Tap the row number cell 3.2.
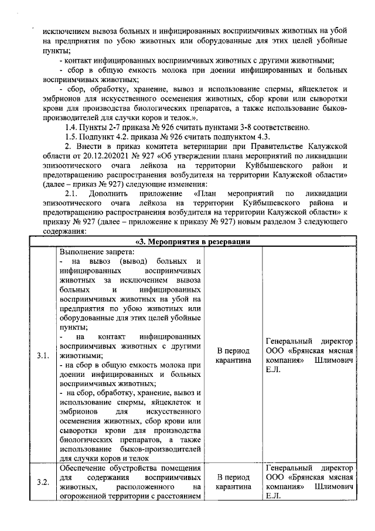click(x=42, y=482)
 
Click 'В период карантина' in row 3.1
click(x=233, y=355)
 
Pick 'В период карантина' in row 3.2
click(x=233, y=482)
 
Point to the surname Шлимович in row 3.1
click(x=335, y=360)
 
